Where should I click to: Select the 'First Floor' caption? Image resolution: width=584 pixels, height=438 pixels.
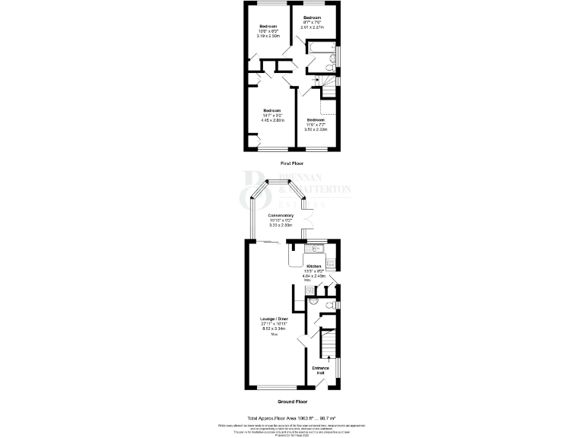292,163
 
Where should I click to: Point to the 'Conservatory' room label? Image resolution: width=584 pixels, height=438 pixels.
281,215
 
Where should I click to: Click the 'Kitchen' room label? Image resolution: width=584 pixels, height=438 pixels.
313,266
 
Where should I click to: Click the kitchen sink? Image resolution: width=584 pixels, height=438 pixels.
314,246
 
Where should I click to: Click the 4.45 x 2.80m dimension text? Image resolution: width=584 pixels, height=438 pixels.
272,120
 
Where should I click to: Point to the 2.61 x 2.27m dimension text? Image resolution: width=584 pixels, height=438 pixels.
313,27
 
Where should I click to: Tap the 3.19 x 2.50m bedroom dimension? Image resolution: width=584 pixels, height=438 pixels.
270,36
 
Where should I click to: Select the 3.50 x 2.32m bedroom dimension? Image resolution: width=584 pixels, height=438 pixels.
316,130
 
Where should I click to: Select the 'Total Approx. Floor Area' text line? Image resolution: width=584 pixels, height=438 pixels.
292,417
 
